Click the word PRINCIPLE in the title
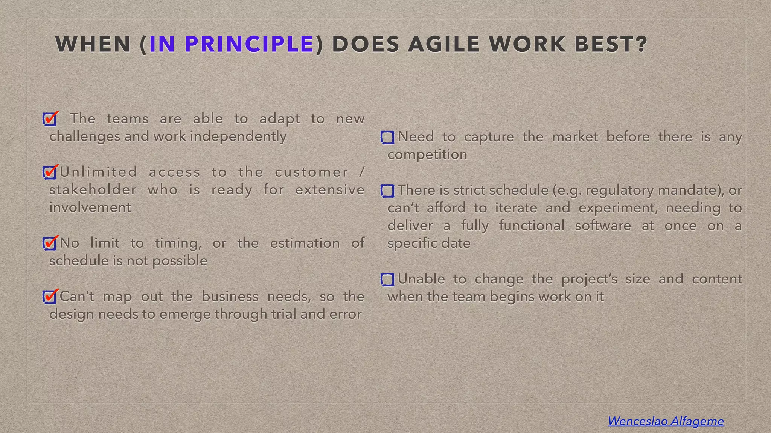249,44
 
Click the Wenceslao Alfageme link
666,421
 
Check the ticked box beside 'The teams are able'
50,120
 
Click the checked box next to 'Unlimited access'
50,173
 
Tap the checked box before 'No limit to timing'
50,244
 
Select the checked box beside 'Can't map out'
50,297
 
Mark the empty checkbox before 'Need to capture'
387,138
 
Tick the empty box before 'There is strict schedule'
387,191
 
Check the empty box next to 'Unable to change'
387,279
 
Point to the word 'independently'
238,136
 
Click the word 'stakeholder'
93,189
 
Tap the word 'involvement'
90,207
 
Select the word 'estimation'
305,243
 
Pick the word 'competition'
427,154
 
